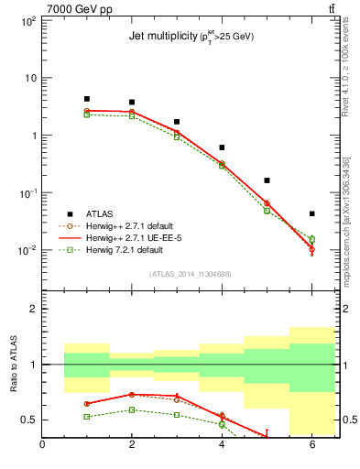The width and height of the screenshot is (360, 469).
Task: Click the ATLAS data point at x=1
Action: click(87, 99)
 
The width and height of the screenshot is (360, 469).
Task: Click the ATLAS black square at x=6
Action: click(311, 213)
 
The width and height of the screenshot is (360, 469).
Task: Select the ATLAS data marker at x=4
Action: click(222, 147)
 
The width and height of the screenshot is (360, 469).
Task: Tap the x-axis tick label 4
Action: click(222, 446)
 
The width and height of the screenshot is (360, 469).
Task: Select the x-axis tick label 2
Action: click(132, 446)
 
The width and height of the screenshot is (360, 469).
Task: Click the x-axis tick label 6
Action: click(311, 446)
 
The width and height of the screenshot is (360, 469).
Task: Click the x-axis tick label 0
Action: click(42, 446)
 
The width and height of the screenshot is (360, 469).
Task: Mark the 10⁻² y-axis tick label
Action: click(26, 250)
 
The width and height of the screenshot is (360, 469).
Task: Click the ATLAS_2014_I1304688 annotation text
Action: click(191, 274)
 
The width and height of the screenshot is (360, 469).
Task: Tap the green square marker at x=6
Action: click(311, 240)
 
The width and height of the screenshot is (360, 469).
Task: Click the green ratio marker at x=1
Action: click(87, 417)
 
